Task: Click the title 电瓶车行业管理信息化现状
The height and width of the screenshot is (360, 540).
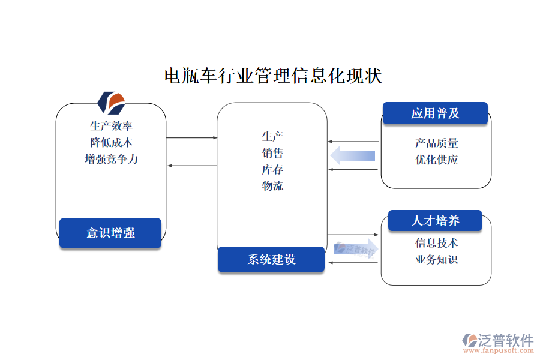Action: coord(273,76)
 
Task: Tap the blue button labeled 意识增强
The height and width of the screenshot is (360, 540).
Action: coord(110,233)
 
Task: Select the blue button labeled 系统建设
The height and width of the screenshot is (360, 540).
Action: coord(271,259)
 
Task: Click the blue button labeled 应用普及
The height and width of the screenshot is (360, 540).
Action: coord(435,113)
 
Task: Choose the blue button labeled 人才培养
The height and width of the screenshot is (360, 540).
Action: coord(435,221)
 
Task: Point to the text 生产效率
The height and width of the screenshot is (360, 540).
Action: coord(111,126)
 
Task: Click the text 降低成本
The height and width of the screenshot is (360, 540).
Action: coord(111,143)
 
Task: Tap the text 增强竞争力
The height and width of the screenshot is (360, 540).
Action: coord(111,160)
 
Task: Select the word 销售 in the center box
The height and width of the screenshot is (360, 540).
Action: coord(272,153)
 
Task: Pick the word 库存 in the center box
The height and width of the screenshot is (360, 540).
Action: coord(272,169)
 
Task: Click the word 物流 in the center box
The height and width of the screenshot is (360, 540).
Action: coord(272,186)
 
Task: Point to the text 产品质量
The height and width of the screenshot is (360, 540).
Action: coord(436,143)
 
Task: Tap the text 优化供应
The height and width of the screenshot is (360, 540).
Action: coord(436,160)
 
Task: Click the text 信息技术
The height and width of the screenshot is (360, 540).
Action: coord(436,243)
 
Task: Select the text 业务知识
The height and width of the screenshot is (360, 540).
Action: coord(436,260)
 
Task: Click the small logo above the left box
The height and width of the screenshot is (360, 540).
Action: coord(111,103)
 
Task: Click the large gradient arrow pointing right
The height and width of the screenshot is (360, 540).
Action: coord(356,249)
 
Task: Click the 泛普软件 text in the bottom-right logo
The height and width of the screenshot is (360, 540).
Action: coord(506,340)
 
